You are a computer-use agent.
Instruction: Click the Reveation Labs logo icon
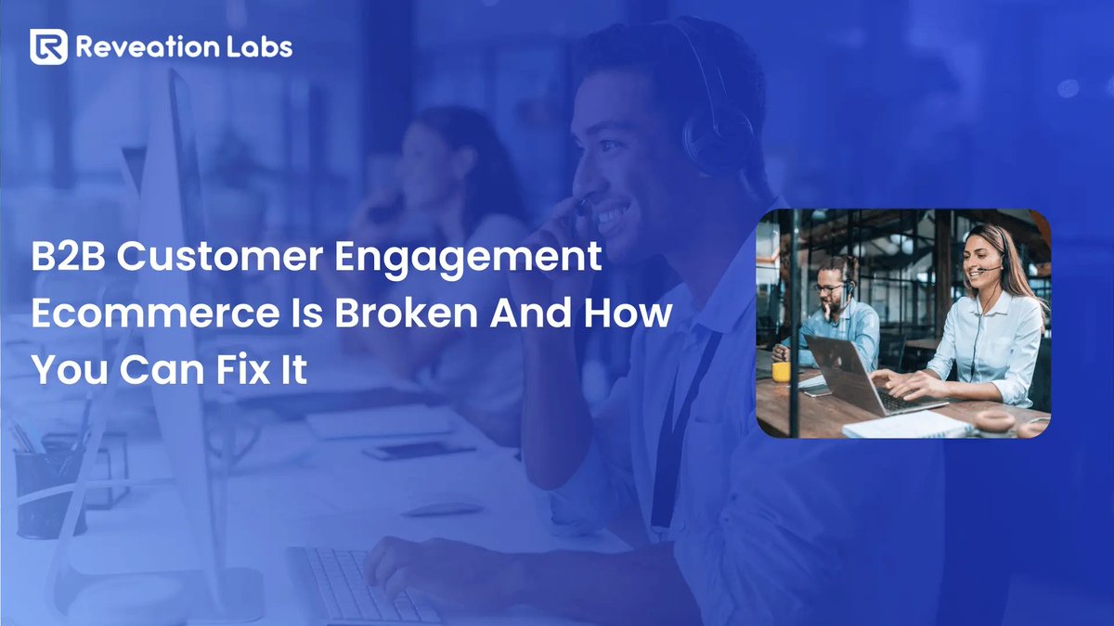click(x=48, y=46)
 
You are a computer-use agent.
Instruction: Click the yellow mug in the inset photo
click(x=781, y=372)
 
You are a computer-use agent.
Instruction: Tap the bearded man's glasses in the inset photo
click(x=829, y=288)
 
